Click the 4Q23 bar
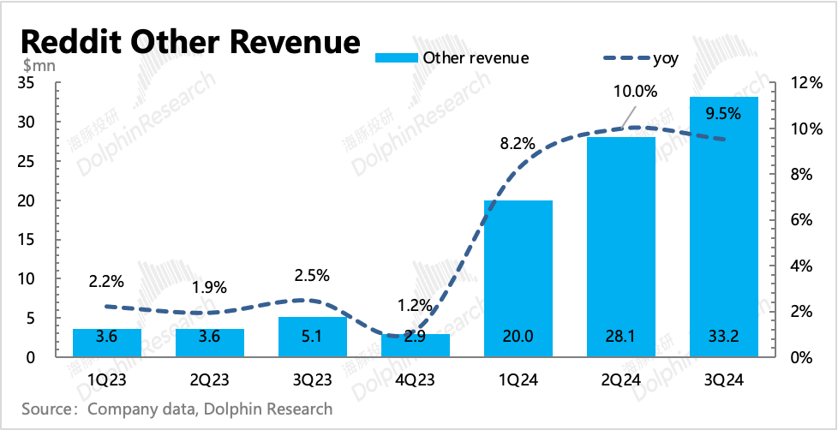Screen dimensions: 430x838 click(x=416, y=345)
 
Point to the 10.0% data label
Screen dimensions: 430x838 click(x=634, y=91)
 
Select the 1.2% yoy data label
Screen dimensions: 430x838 click(x=416, y=304)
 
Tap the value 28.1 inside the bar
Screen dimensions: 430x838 click(x=621, y=337)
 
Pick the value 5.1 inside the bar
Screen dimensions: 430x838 click(x=313, y=337)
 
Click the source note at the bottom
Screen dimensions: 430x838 click(x=177, y=409)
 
